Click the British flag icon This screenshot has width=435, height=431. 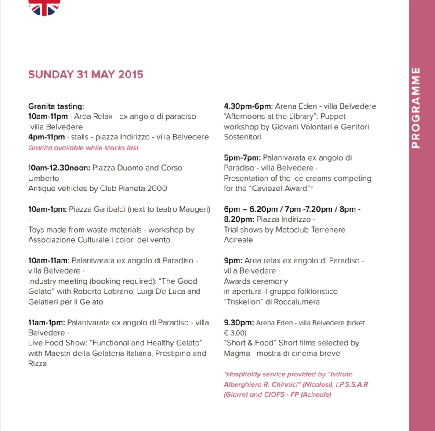click(x=44, y=7)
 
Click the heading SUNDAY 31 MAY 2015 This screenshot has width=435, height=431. click(x=86, y=74)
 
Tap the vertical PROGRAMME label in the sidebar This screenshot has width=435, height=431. click(x=416, y=108)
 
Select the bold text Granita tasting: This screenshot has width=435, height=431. click(x=56, y=106)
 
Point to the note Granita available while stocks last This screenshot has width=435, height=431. click(x=83, y=148)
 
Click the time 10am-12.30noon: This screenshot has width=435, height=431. click(x=59, y=168)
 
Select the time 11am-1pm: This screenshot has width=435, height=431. click(x=46, y=322)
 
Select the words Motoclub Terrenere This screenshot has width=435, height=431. click(x=311, y=230)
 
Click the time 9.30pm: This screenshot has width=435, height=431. click(x=238, y=322)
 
